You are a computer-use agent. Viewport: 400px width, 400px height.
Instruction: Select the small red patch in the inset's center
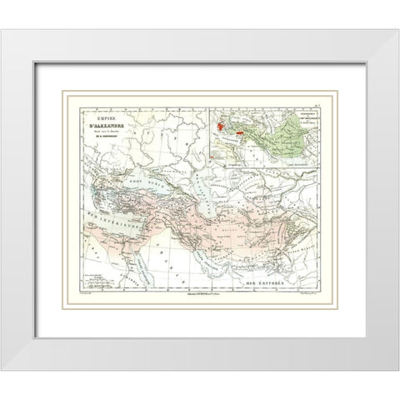coord(241,131)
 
